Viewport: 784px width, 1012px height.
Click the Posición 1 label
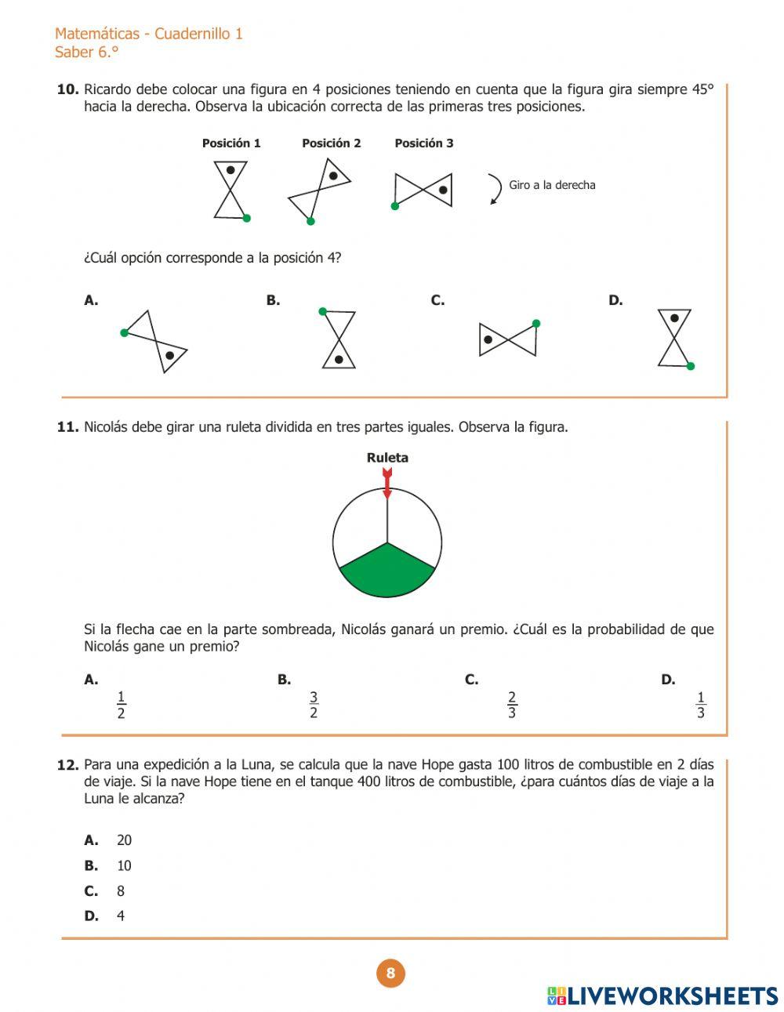(231, 143)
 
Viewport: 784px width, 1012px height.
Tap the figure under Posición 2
(319, 190)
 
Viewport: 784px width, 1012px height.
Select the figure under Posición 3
(423, 190)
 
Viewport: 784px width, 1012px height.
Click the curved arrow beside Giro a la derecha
(495, 189)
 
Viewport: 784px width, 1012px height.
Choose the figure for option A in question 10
(155, 342)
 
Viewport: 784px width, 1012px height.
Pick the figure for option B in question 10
(338, 339)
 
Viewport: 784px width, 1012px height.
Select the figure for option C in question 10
(508, 339)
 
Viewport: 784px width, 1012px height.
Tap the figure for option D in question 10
(675, 338)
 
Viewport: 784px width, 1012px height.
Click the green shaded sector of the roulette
(387, 571)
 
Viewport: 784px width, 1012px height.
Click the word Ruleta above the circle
(387, 458)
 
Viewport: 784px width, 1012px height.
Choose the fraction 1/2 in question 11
(121, 705)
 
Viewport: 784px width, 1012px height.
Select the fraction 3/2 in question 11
(314, 705)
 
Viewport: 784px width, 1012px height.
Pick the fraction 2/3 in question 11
(512, 705)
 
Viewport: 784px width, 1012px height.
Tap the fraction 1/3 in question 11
(700, 705)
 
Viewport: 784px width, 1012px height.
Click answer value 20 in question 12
(124, 840)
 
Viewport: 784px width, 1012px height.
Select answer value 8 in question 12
(121, 891)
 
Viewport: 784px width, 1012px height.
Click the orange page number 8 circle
(390, 974)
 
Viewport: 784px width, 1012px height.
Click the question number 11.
(67, 427)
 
